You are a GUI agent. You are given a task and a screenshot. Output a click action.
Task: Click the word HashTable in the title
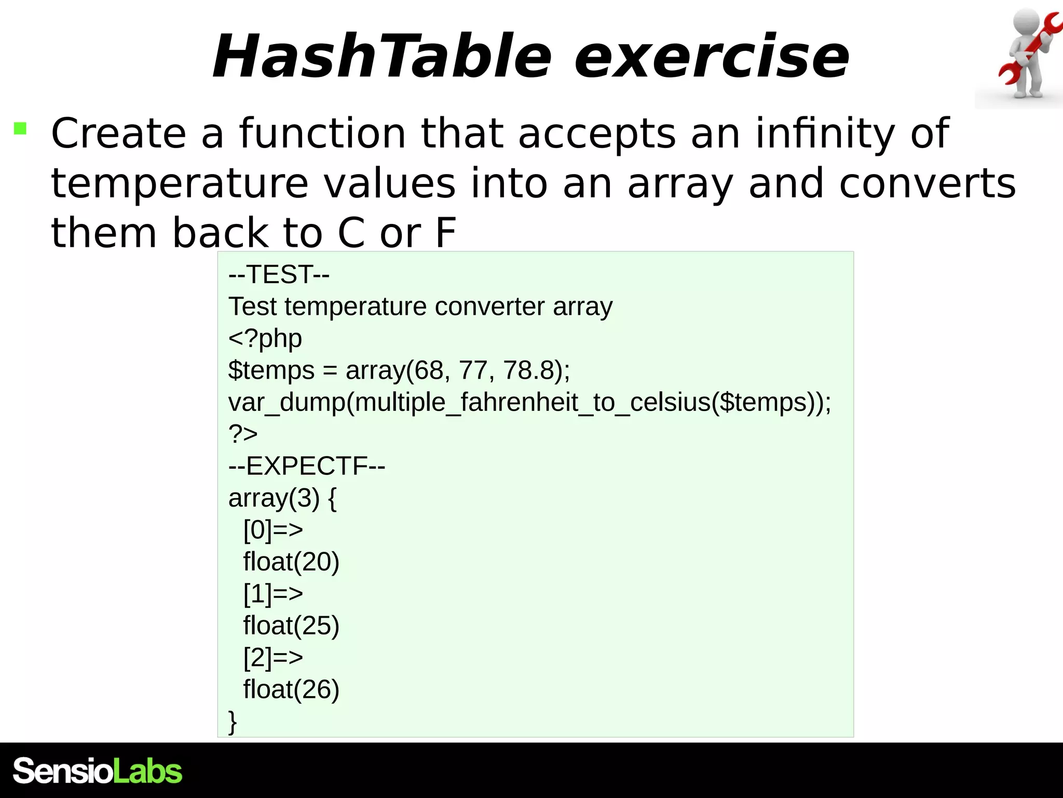pos(381,56)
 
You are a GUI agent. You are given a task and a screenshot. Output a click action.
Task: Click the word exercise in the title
pos(711,56)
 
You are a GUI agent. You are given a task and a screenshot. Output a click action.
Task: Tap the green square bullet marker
pos(20,128)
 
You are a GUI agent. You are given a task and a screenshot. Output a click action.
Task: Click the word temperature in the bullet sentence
pos(180,183)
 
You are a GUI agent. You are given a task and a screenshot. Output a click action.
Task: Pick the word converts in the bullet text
pos(927,183)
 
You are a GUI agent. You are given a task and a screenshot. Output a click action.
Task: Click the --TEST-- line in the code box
pos(279,274)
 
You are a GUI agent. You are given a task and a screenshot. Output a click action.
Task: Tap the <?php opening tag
pos(265,339)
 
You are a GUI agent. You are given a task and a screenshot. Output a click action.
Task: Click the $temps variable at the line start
pos(271,370)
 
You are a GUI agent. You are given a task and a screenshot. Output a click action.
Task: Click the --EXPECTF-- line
pos(306,466)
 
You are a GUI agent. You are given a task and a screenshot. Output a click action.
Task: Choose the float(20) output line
pos(291,562)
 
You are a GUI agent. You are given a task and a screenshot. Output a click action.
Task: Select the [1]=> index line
pos(273,594)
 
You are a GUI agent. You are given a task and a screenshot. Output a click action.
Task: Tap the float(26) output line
pos(291,689)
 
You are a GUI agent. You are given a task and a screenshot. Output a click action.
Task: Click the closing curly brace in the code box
pos(233,722)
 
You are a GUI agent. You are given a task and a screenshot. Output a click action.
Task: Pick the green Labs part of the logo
pos(147,771)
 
